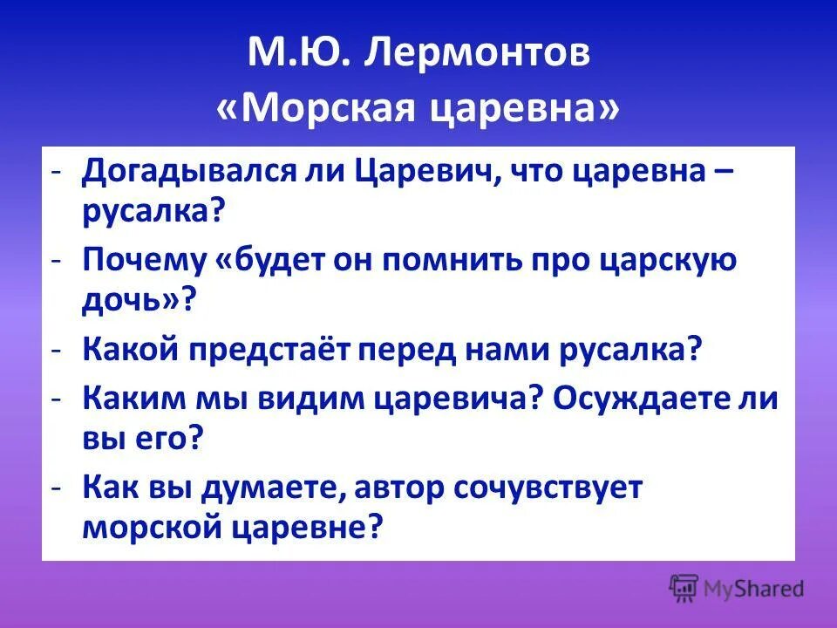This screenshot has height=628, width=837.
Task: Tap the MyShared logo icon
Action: click(684, 588)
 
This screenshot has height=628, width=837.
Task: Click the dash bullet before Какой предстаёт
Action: click(55, 351)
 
